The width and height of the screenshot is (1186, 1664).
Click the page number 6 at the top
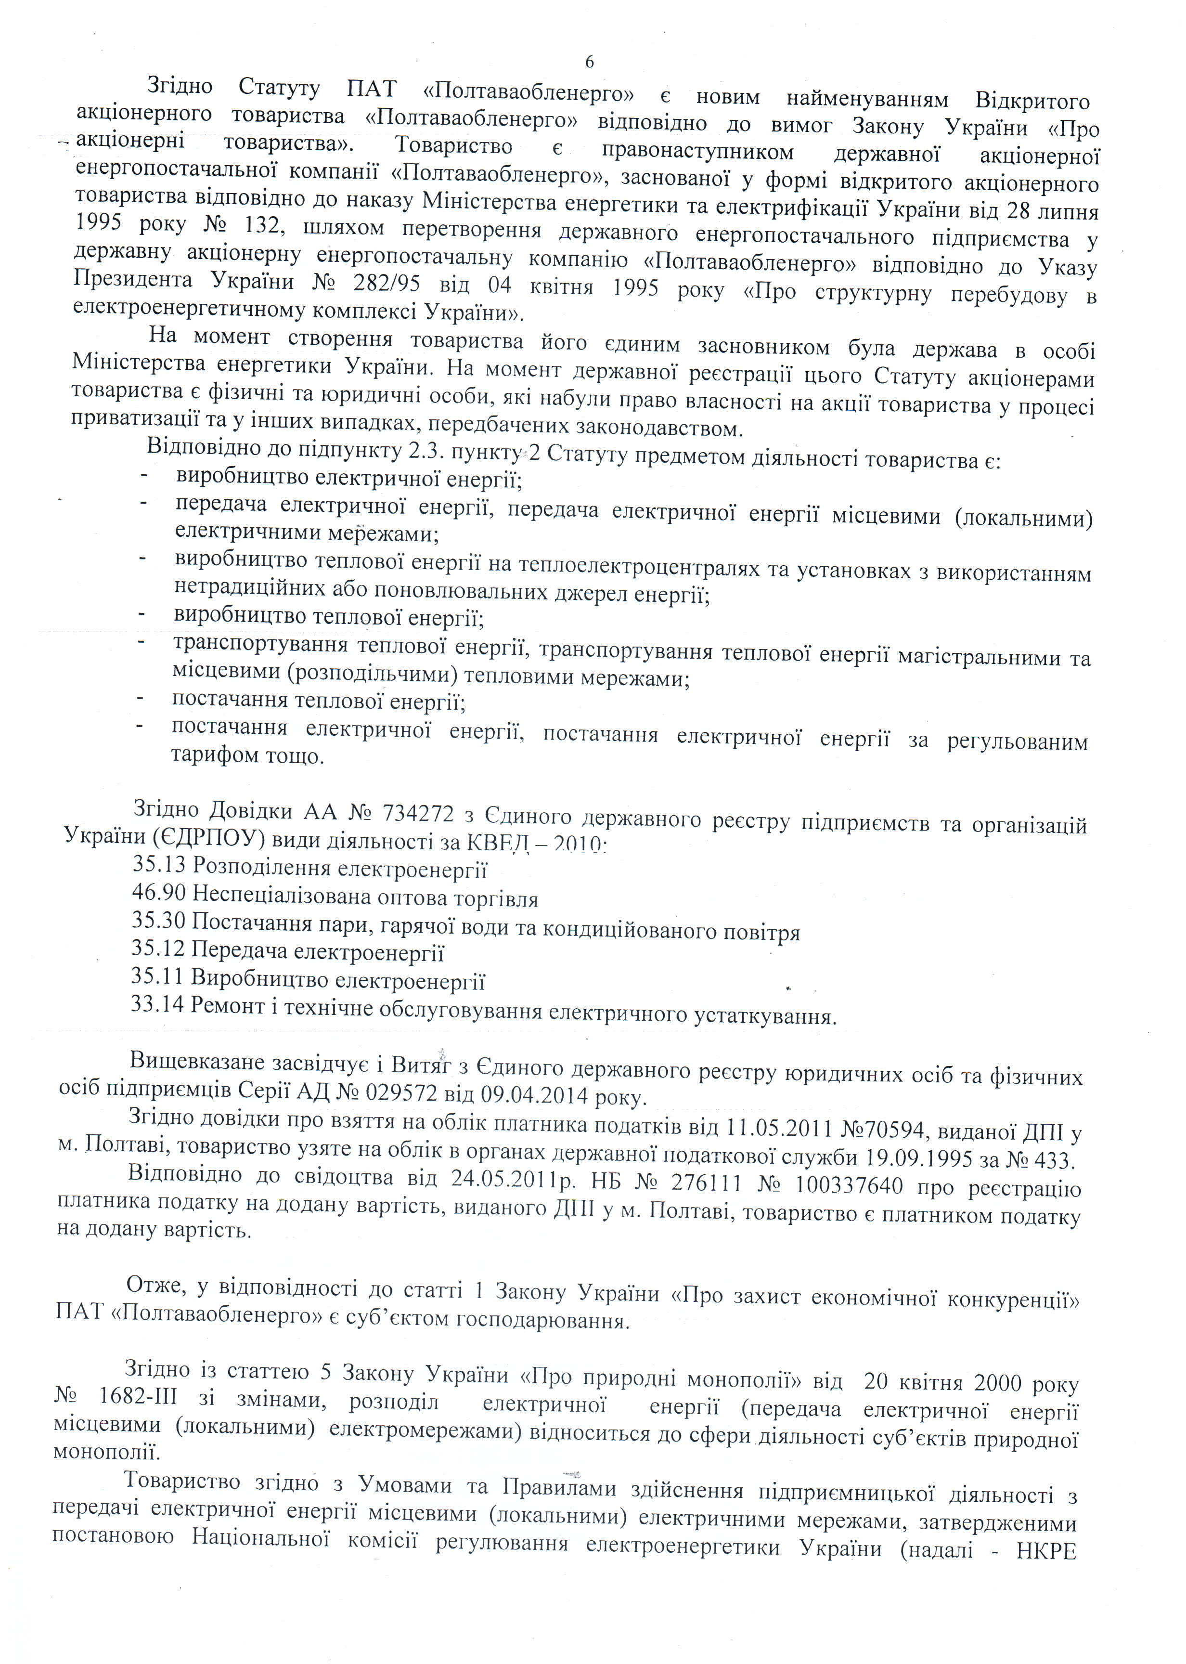[x=589, y=62]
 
